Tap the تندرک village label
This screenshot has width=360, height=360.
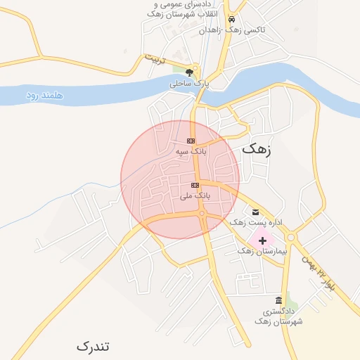coord(94,347)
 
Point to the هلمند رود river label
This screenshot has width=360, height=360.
coord(46,94)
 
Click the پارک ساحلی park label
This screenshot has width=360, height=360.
coord(189,84)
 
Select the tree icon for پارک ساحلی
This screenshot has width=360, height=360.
coord(189,72)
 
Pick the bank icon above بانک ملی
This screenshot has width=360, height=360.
coord(195,185)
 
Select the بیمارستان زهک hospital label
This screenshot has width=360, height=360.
coord(263,251)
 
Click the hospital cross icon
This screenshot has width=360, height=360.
coord(263,240)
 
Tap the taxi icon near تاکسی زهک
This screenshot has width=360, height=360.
coord(231,19)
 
